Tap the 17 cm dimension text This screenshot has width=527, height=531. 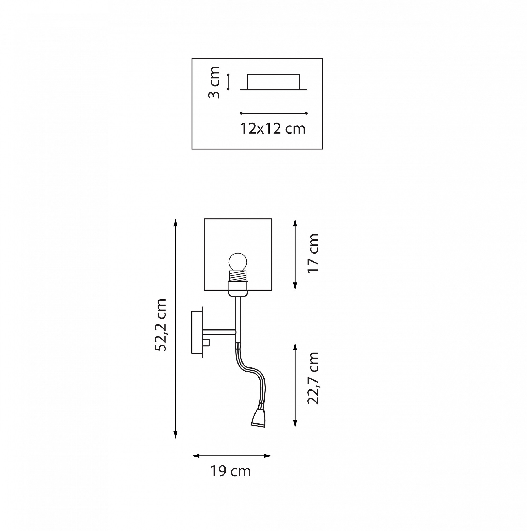click(313, 253)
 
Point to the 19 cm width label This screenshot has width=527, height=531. click(231, 471)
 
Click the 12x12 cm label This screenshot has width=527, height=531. click(273, 128)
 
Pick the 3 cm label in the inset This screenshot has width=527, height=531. click(214, 82)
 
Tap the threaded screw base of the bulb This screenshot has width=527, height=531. click(238, 275)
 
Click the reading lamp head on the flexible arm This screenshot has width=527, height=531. click(258, 418)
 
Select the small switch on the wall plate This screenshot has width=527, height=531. click(206, 343)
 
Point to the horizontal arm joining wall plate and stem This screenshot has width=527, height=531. click(219, 332)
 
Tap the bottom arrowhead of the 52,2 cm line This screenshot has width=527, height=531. click(175, 435)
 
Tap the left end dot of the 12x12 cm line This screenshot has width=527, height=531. click(241, 113)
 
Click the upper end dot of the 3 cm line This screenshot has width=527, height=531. click(228, 75)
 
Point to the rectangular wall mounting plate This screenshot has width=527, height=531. click(197, 332)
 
